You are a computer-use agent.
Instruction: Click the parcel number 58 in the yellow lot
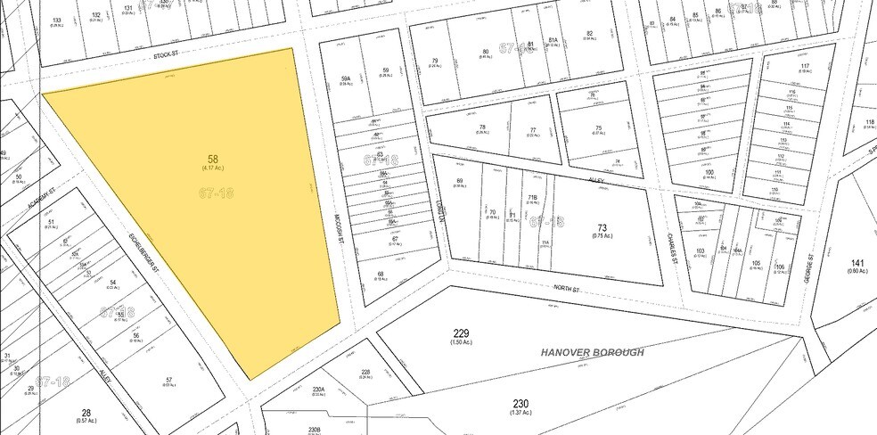212,160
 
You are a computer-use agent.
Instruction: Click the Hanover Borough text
592,352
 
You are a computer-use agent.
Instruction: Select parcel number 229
460,333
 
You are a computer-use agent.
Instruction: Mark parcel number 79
435,62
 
